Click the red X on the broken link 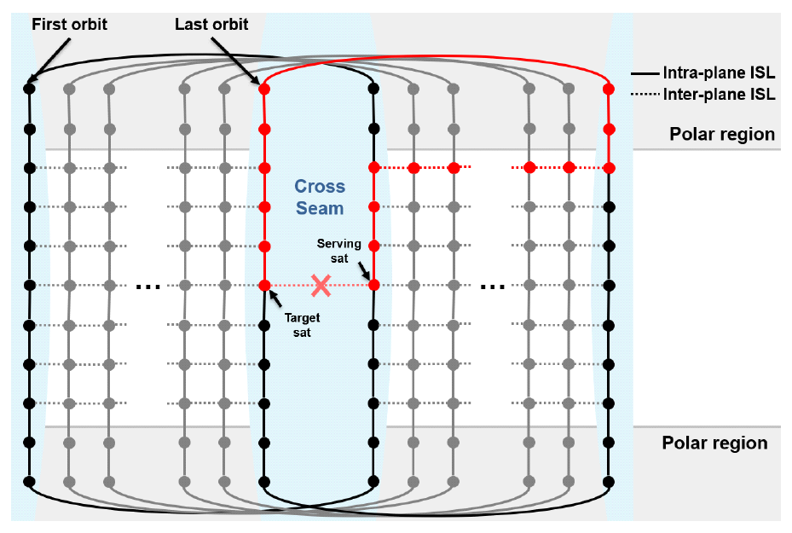point(321,286)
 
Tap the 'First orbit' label point(70,24)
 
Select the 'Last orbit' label point(211,24)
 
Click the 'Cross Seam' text point(320,197)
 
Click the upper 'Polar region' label point(722,134)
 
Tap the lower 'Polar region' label point(714,443)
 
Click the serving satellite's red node point(373,285)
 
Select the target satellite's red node point(264,285)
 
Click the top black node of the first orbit point(29,88)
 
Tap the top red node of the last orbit point(264,88)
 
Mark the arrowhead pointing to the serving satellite point(369,278)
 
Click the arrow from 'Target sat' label point(275,298)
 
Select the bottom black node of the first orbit point(29,482)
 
